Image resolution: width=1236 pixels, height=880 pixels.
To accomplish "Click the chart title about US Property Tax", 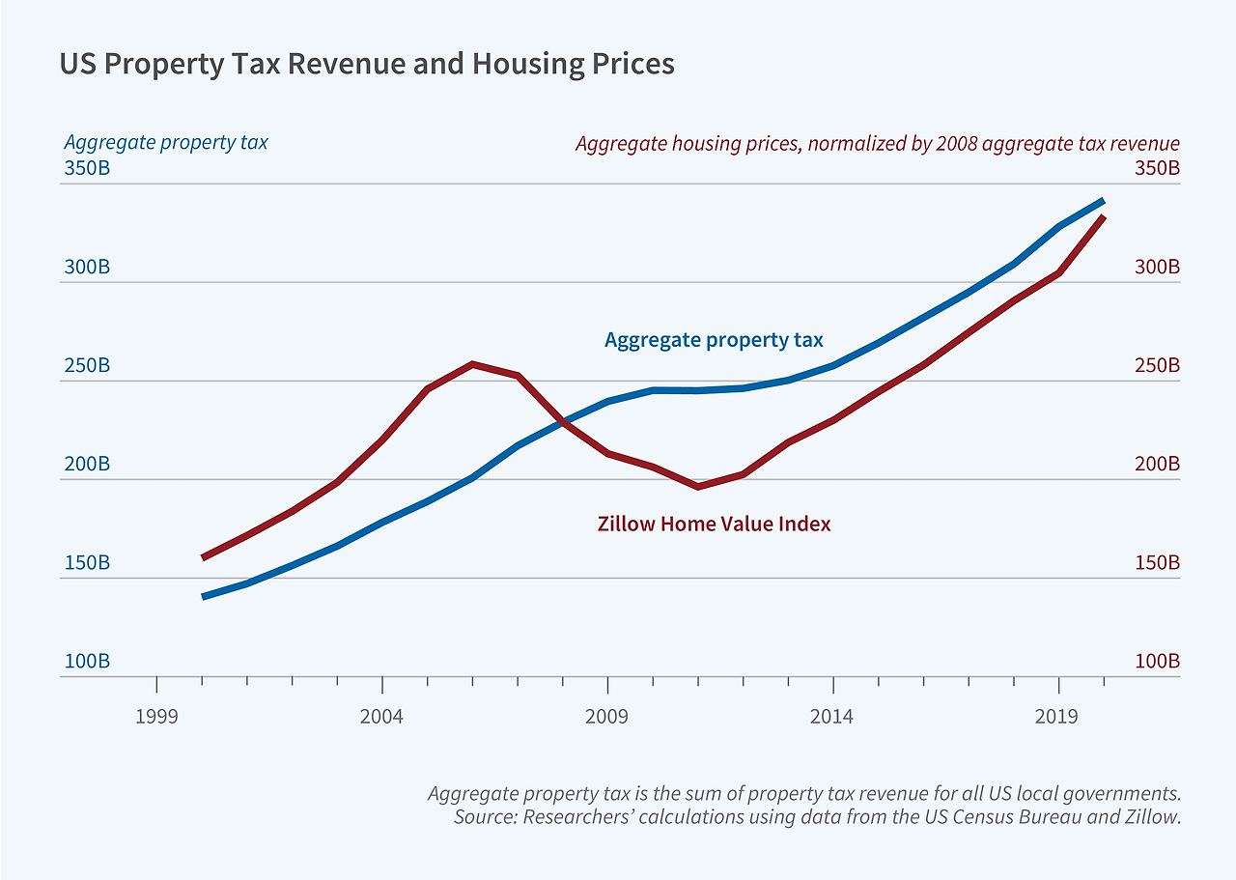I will (367, 64).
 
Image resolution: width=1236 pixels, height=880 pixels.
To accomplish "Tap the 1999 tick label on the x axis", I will (156, 716).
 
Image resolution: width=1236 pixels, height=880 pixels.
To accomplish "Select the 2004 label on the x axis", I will (382, 716).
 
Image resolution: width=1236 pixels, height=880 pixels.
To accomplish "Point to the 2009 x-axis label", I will (607, 716).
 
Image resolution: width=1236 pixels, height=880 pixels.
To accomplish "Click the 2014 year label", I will (832, 716).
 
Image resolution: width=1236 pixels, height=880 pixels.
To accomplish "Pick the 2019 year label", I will (1057, 716).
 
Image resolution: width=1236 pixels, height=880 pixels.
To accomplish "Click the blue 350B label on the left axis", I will (87, 168).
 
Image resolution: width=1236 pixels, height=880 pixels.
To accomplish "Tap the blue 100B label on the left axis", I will (87, 662).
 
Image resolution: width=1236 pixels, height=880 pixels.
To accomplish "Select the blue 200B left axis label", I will (87, 464).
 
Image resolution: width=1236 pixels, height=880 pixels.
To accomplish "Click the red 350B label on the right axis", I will (1157, 168).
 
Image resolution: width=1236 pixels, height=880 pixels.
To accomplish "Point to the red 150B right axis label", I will (1157, 563).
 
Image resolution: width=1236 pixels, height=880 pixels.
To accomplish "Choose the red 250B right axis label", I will (1157, 366).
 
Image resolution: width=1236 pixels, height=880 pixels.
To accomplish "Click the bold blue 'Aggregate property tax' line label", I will (714, 340).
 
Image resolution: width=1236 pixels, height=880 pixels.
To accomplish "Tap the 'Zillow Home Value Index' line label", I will (714, 525).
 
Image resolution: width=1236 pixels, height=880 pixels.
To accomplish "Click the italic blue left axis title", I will (166, 143).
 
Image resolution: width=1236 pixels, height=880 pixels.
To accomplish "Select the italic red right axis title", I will (877, 144).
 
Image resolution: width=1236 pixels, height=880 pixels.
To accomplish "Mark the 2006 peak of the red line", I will (472, 364).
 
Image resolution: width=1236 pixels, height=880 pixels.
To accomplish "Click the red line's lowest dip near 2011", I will (698, 486).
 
